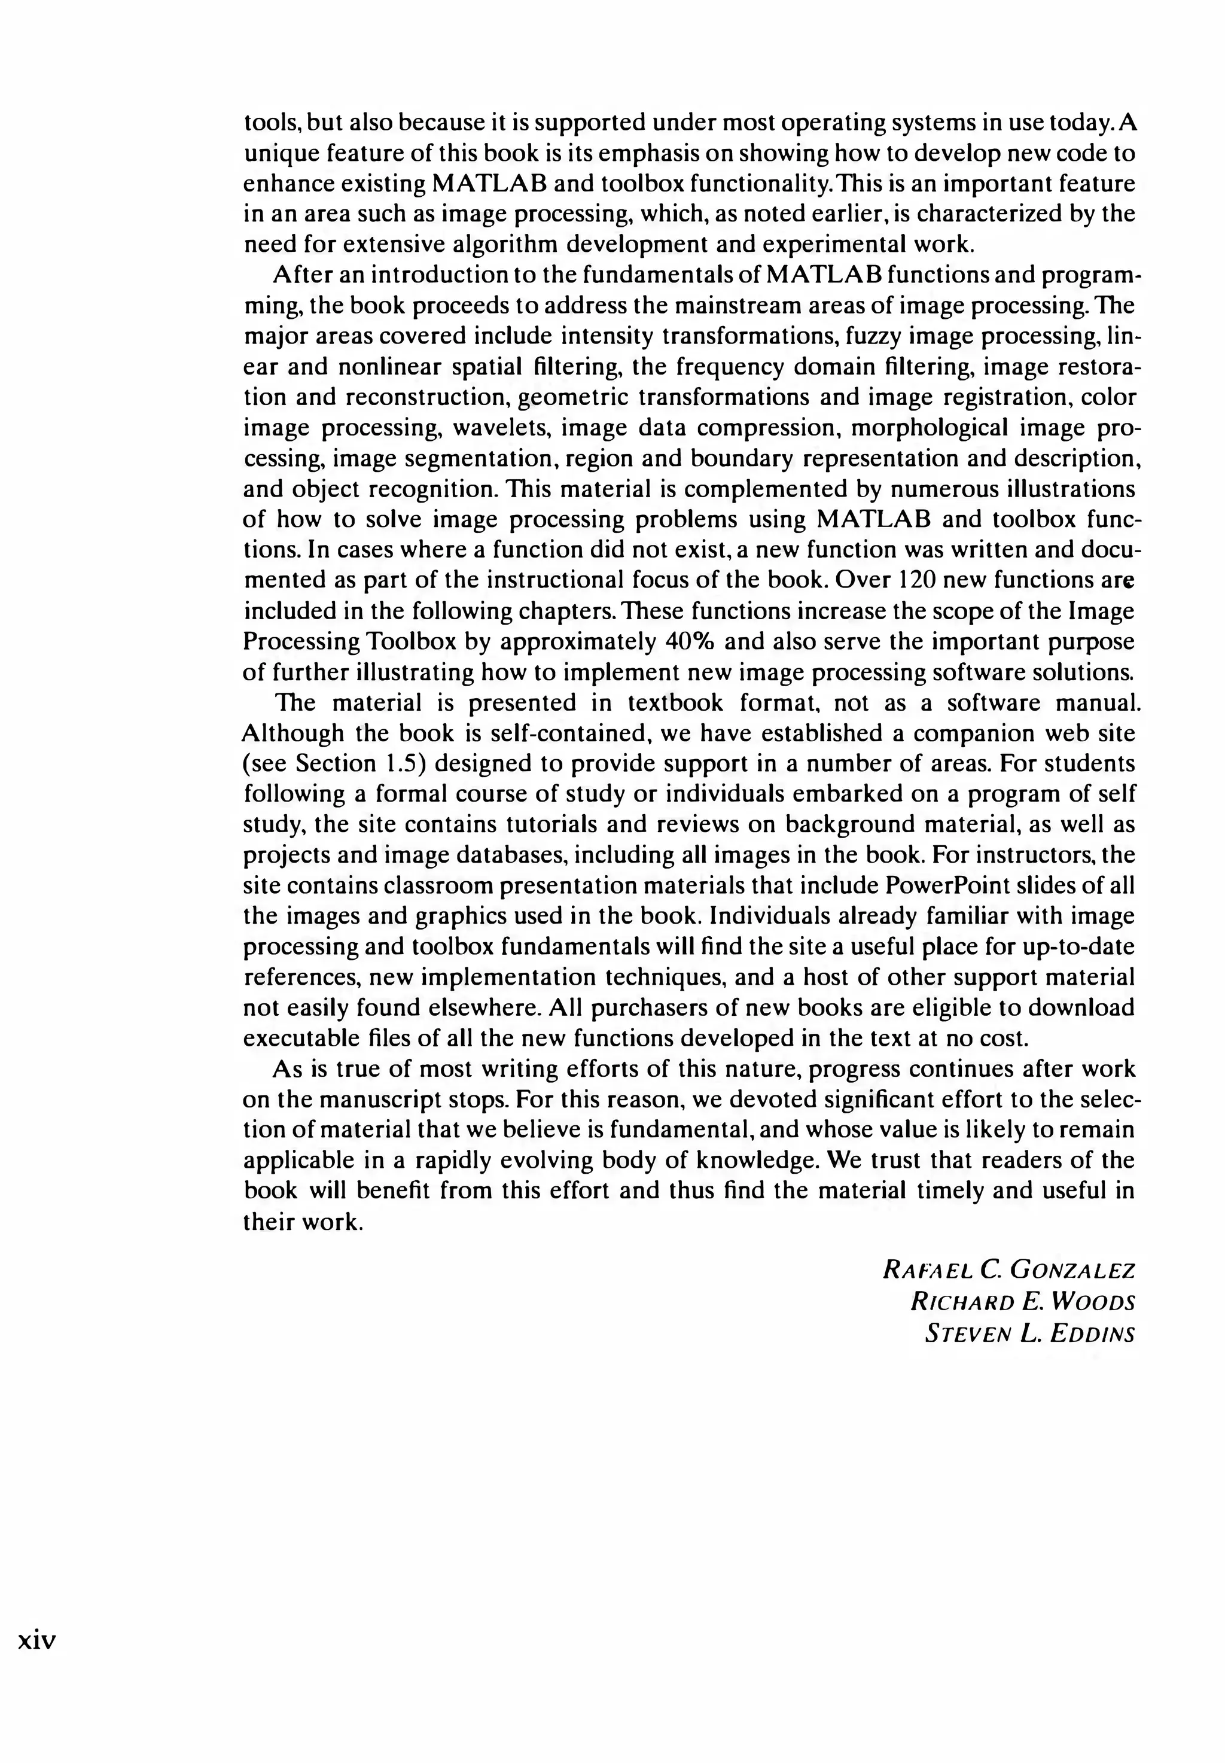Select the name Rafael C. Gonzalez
click(1008, 1269)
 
